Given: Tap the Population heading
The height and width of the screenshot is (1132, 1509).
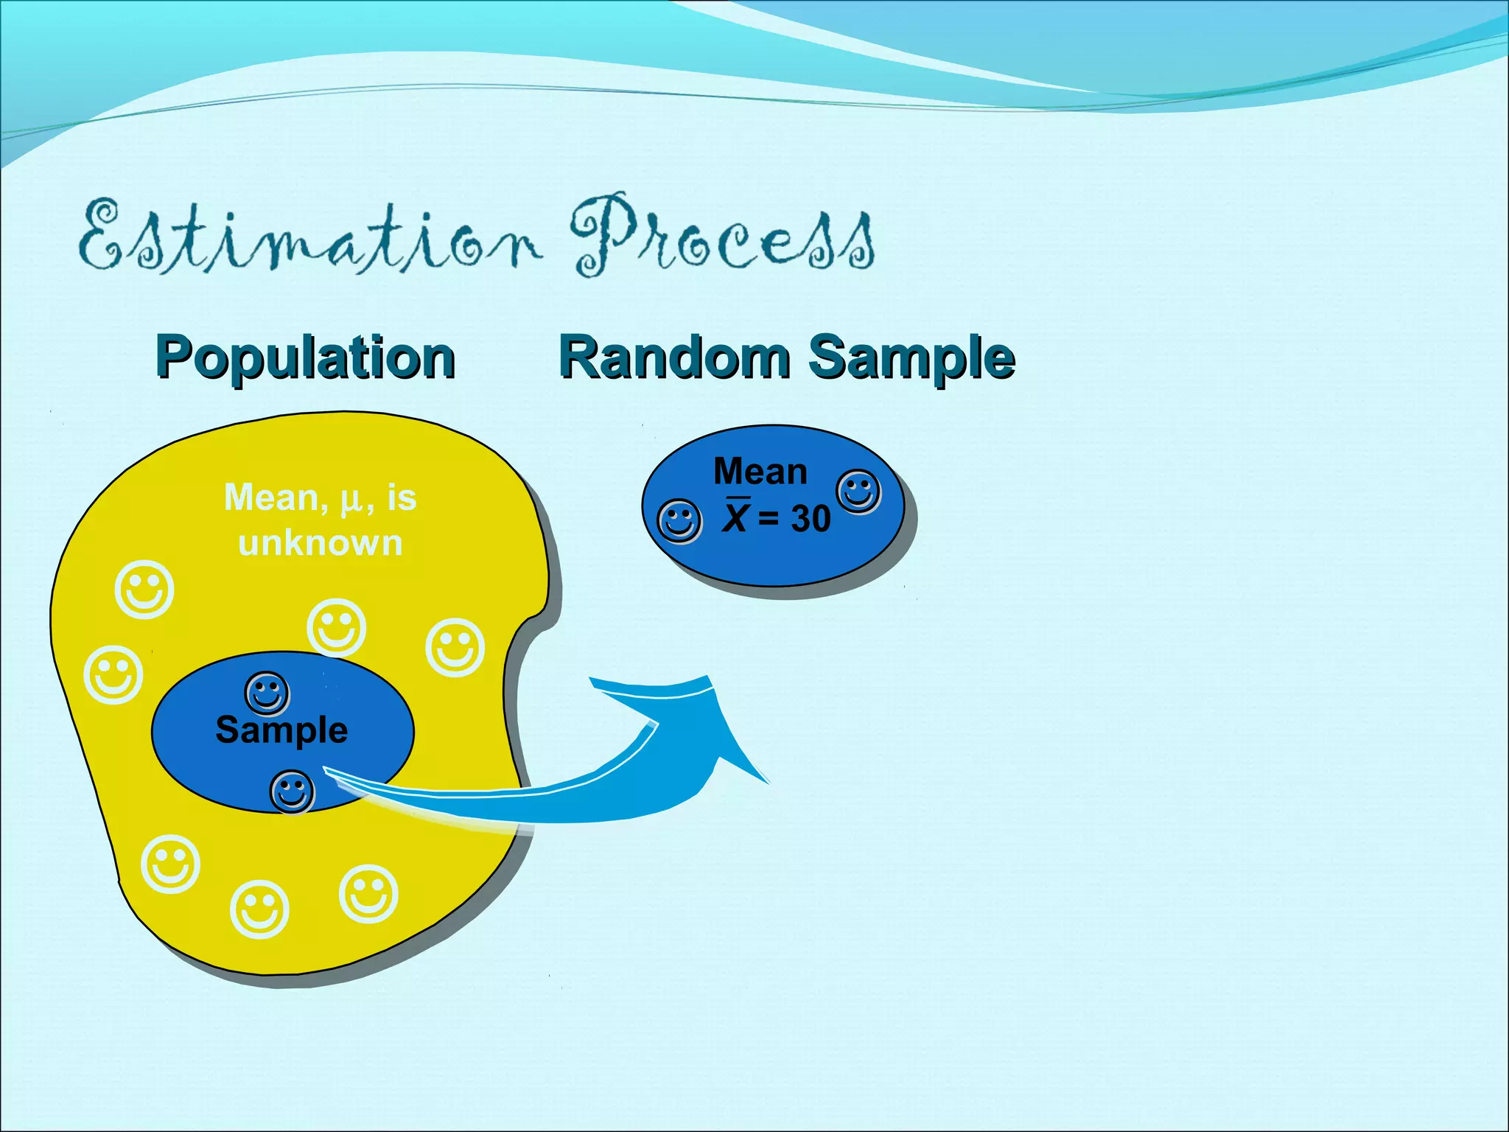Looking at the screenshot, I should pyautogui.click(x=305, y=358).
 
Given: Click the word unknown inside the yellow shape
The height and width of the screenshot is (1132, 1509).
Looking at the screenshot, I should pyautogui.click(x=320, y=543).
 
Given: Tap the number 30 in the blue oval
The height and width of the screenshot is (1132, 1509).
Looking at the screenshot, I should pyautogui.click(x=810, y=519).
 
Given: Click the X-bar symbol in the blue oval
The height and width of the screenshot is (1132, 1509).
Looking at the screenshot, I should pyautogui.click(x=735, y=516).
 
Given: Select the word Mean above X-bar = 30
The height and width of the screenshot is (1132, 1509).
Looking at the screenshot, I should pyautogui.click(x=760, y=472).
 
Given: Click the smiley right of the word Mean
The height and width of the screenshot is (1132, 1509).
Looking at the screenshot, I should pyautogui.click(x=858, y=491).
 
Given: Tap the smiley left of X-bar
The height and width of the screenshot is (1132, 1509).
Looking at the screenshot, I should pyautogui.click(x=679, y=521).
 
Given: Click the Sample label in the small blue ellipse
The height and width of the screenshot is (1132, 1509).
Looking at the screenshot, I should pyautogui.click(x=281, y=730).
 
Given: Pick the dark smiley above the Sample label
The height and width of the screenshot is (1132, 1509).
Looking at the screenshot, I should pyautogui.click(x=267, y=693).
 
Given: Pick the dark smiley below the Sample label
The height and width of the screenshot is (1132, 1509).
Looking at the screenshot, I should pyautogui.click(x=293, y=792).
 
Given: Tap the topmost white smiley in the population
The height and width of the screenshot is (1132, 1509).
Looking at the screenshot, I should pyautogui.click(x=144, y=590).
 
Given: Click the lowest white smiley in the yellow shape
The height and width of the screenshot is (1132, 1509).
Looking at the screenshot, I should pyautogui.click(x=259, y=909).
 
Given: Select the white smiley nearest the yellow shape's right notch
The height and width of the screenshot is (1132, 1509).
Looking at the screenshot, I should pyautogui.click(x=455, y=647).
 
